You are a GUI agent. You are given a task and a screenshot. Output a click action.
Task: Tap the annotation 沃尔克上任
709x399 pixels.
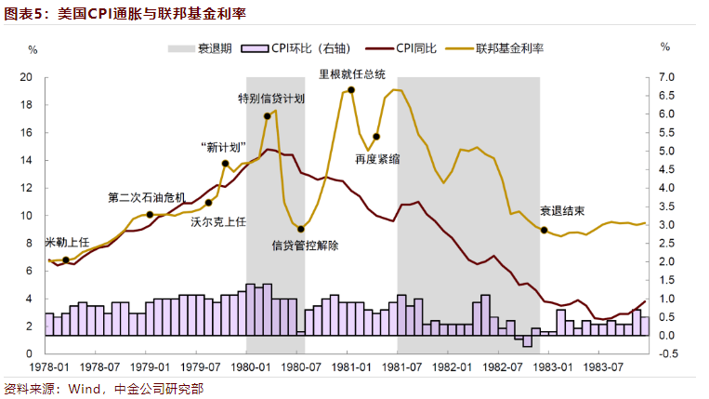point(218,221)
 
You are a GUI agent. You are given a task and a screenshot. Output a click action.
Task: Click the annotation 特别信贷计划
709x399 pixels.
point(271,98)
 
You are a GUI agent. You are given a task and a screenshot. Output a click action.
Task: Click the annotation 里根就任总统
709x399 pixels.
point(352,73)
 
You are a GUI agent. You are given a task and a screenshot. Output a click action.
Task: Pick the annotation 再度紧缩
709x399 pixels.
point(377,159)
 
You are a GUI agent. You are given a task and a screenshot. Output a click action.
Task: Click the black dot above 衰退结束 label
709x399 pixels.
point(544,230)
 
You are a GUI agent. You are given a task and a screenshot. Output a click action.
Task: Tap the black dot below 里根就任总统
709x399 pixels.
point(351,90)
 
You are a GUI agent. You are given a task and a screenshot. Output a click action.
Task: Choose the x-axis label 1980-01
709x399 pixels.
point(246,367)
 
